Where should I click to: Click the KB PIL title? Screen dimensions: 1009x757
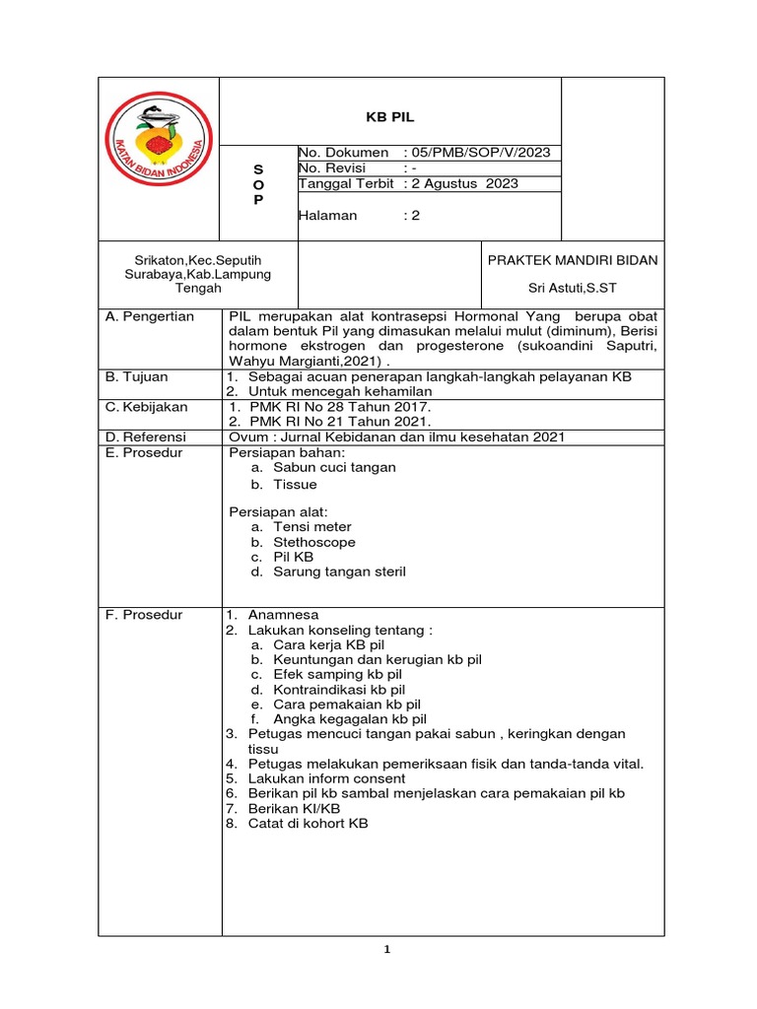tap(390, 116)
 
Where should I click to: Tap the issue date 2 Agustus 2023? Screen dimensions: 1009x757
tap(465, 183)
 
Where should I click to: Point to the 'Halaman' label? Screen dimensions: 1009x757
tap(328, 215)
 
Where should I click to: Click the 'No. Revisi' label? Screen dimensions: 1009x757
tap(334, 168)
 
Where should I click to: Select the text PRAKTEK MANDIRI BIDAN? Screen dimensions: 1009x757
tap(573, 260)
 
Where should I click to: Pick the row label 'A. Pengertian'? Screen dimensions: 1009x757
tap(149, 317)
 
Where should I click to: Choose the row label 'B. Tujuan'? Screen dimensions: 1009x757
tap(136, 377)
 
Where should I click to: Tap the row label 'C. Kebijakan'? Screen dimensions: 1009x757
tap(146, 407)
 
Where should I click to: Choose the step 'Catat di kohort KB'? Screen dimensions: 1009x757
tap(308, 823)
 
